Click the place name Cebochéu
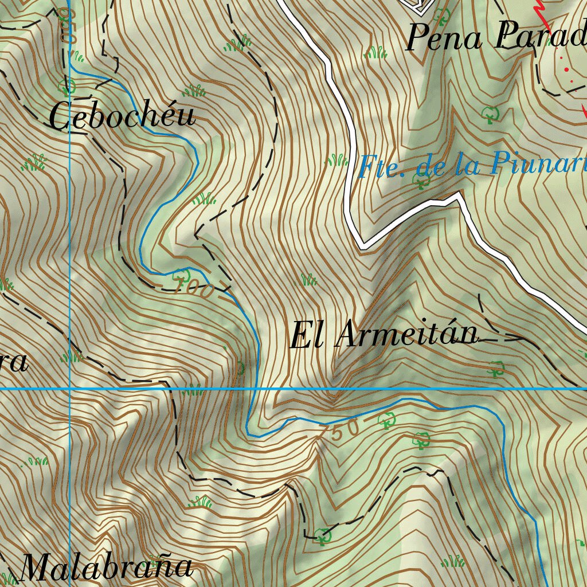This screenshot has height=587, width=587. pyautogui.click(x=122, y=116)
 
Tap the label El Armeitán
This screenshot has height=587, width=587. pyautogui.click(x=383, y=335)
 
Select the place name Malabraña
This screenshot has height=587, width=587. pyautogui.click(x=106, y=568)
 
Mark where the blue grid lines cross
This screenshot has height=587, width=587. pyautogui.click(x=69, y=389)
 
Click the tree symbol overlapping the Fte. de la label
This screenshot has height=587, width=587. pyautogui.click(x=422, y=181)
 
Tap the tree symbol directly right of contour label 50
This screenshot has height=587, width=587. pyautogui.click(x=388, y=421)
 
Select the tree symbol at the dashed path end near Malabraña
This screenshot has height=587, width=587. pyautogui.click(x=323, y=536)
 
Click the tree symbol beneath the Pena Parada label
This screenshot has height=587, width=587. pyautogui.click(x=490, y=114)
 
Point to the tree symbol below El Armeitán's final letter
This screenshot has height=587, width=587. pyautogui.click(x=496, y=368)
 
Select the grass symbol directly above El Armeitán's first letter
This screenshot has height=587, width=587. pyautogui.click(x=309, y=280)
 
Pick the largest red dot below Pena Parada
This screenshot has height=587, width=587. pyautogui.click(x=567, y=69)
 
